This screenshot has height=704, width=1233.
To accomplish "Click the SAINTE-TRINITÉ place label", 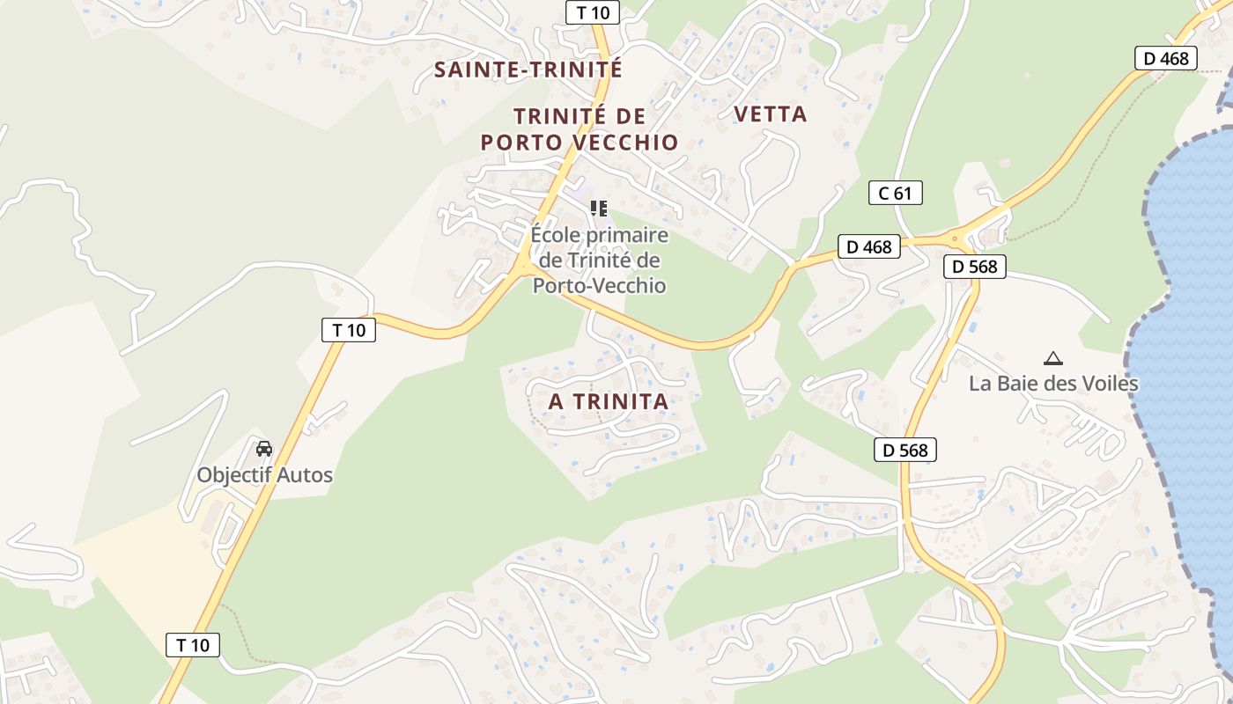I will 528,70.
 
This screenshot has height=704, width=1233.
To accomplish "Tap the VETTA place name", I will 770,114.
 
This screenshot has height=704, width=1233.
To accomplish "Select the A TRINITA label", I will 608,401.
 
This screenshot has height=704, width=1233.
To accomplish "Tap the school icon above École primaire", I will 599,209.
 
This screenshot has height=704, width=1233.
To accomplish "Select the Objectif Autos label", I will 264,475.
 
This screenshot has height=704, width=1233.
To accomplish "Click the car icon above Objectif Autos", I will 264,449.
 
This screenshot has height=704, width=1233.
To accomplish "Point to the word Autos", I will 303,475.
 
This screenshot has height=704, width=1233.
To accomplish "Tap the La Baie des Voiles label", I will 1053,384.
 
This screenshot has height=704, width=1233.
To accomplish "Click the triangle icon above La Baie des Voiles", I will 1052,358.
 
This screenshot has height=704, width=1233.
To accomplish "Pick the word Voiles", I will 1107,384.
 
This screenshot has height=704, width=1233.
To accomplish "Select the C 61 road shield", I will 895,193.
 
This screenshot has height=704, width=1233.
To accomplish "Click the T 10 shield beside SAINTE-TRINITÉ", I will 592,12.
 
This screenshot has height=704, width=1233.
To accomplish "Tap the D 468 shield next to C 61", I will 868,247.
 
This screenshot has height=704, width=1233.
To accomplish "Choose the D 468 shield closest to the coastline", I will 1165,59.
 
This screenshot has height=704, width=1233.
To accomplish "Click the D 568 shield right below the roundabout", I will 974,266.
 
